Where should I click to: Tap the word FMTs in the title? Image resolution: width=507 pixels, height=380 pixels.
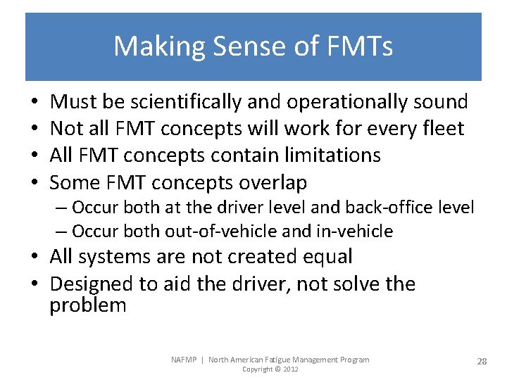(x=360, y=47)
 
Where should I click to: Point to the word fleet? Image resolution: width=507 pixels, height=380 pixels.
(x=442, y=129)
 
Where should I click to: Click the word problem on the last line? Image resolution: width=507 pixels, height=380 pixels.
(x=88, y=305)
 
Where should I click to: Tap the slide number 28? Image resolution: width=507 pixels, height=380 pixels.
(x=482, y=361)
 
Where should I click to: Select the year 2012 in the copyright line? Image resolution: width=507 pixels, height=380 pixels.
(x=290, y=369)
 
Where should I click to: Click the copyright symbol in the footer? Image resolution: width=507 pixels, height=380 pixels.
(x=277, y=369)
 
